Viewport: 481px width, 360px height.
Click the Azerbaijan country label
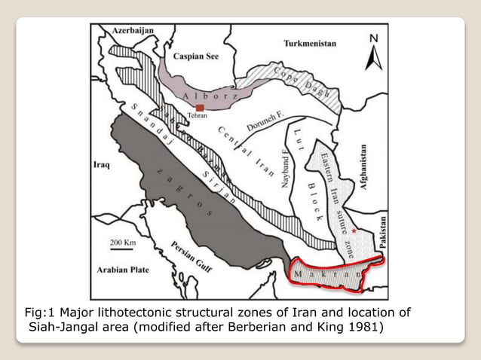coord(133,30)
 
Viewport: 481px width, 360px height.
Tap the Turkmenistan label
coord(310,44)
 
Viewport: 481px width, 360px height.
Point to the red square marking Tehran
coord(201,109)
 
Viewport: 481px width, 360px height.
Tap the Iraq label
coord(101,163)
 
